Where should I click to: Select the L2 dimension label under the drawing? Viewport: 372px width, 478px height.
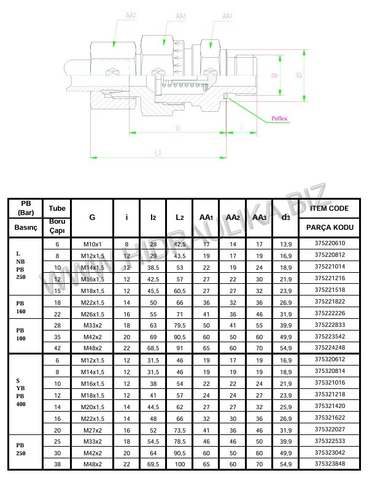tap(158, 152)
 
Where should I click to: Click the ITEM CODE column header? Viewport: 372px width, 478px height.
tap(330, 208)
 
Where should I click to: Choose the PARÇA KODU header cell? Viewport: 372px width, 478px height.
tap(330, 227)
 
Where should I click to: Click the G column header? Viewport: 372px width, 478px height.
tap(92, 217)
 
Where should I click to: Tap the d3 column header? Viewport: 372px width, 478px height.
tap(285, 217)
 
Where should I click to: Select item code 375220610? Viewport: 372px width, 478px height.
tap(330, 243)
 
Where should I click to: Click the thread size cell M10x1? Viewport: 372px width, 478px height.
tap(92, 243)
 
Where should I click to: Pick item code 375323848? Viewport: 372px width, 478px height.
tap(330, 464)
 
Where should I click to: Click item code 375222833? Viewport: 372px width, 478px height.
tap(330, 324)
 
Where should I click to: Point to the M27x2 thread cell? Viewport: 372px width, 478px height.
tap(92, 429)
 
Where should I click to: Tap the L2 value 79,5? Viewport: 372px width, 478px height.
tap(179, 324)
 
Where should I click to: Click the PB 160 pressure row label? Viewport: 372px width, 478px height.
tap(22, 307)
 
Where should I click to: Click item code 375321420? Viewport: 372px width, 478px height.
tap(330, 406)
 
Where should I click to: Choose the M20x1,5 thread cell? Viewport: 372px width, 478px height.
tap(92, 406)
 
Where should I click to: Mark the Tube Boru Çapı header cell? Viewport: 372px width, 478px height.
tap(56, 217)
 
